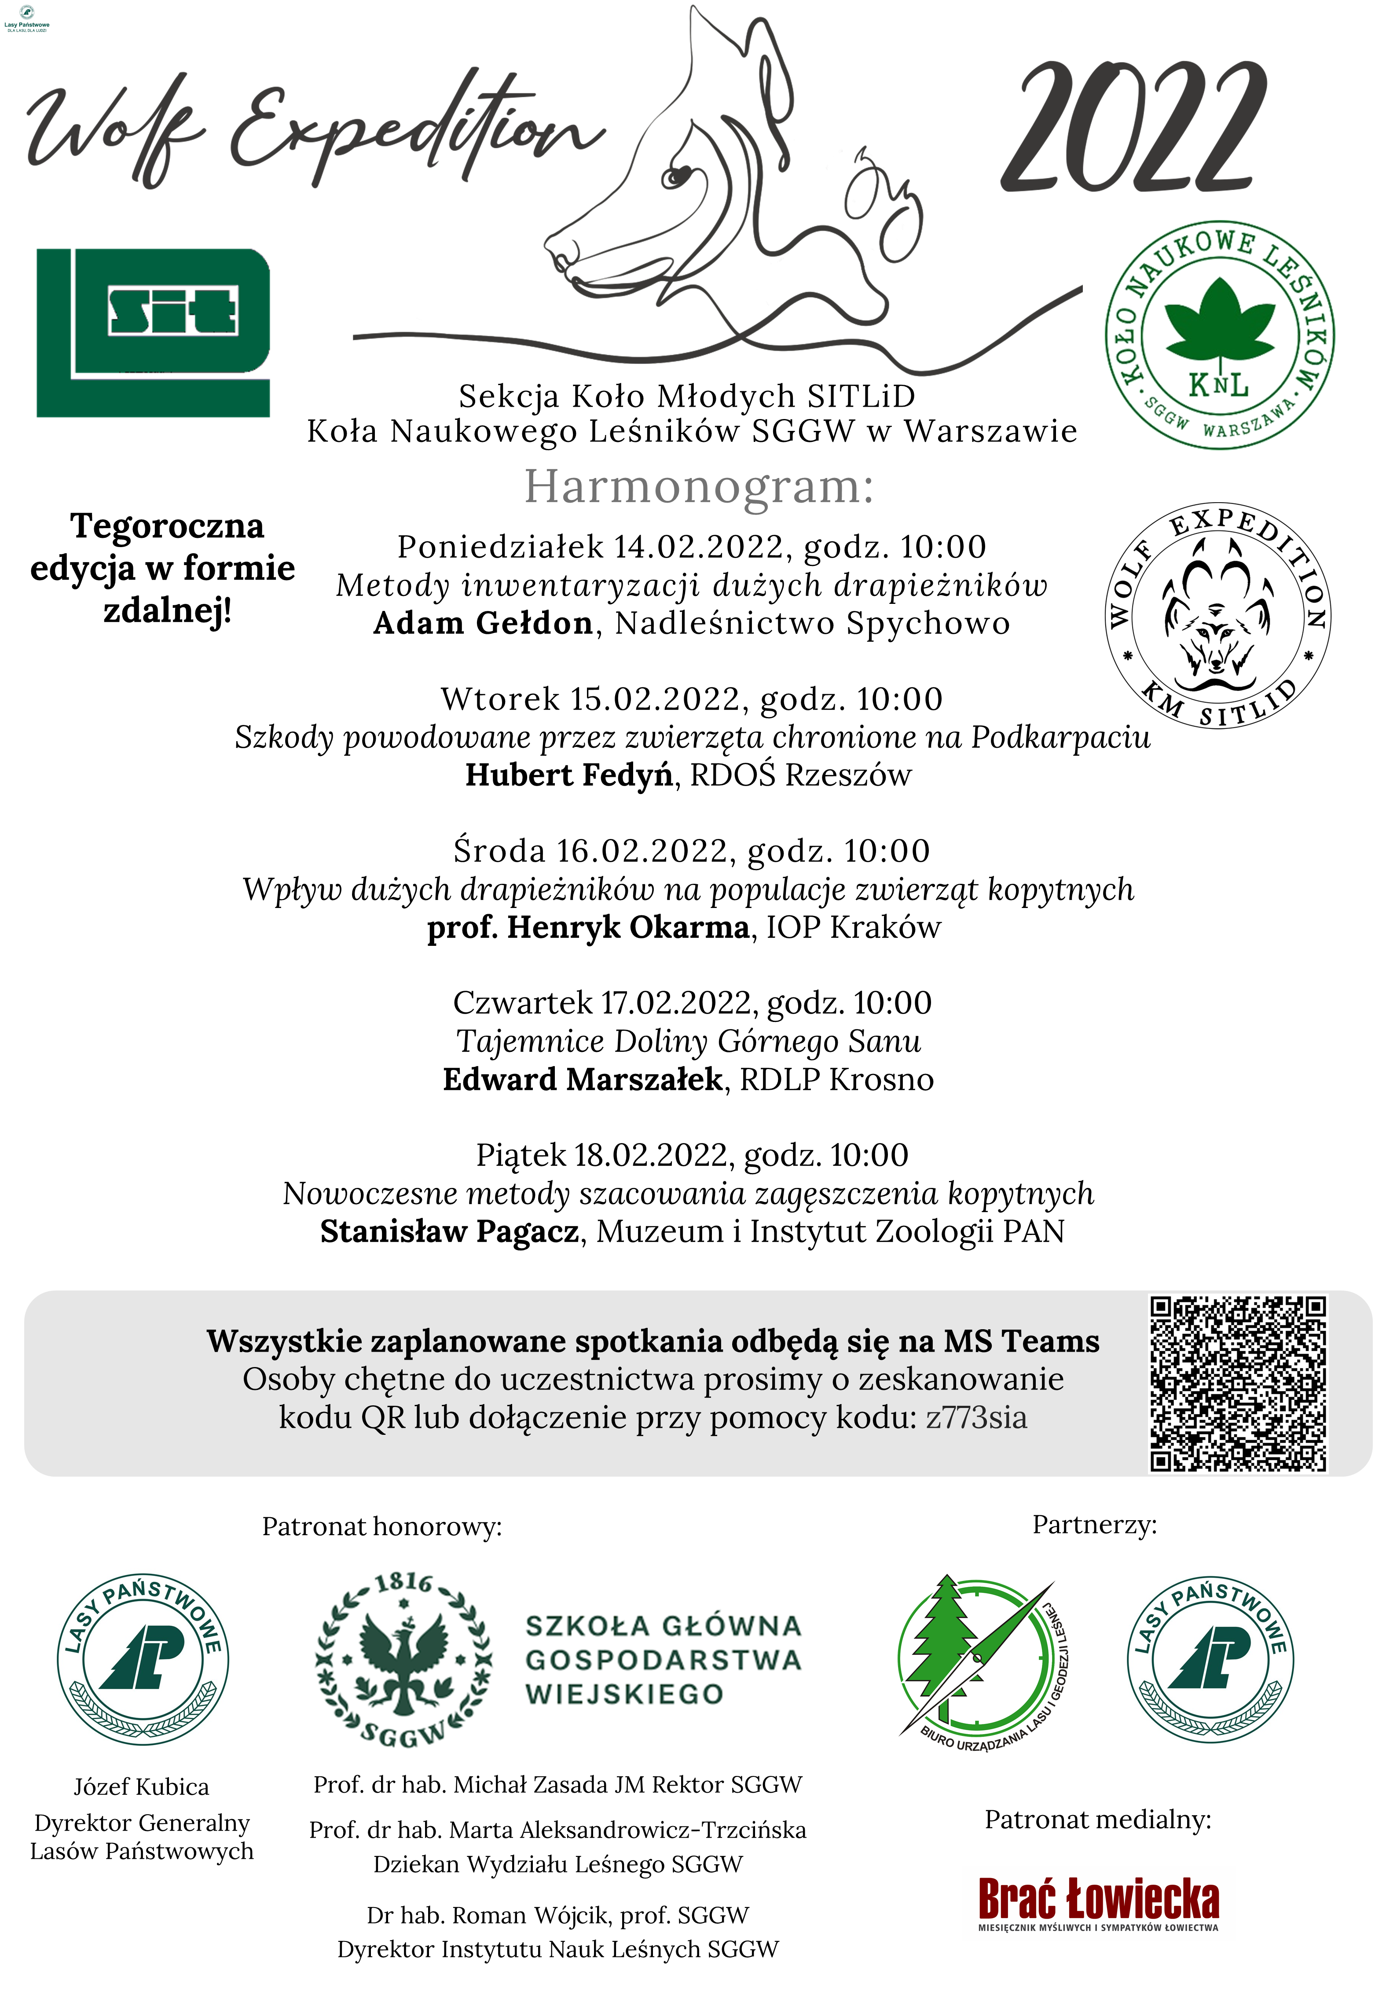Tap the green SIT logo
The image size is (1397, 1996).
pos(153,332)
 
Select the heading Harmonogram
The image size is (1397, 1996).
pos(698,486)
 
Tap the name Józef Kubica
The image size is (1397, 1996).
pos(142,1786)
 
